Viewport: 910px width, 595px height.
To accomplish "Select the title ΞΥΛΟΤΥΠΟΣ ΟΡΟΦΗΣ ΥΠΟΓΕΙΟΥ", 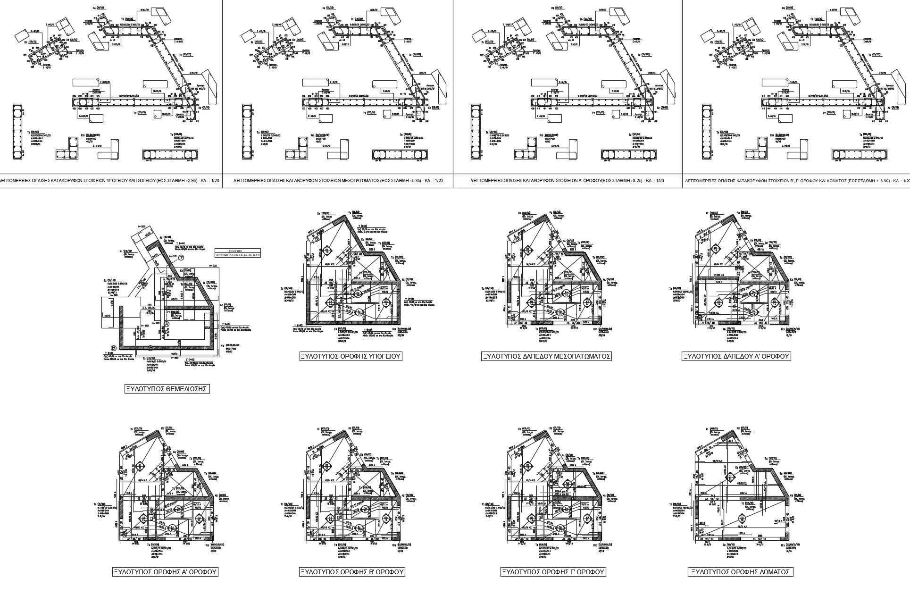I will click(x=351, y=356).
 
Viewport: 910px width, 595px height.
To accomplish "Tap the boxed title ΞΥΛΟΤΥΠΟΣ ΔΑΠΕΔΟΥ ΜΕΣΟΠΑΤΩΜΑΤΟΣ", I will click(x=546, y=356).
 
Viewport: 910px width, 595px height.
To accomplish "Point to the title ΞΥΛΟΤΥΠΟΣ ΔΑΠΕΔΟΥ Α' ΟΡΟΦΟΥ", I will click(x=736, y=356).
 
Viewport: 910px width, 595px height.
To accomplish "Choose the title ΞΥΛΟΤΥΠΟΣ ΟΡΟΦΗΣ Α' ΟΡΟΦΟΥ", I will click(x=165, y=572).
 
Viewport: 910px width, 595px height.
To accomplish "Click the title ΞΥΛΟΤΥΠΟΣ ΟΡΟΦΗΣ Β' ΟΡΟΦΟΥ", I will click(x=352, y=572).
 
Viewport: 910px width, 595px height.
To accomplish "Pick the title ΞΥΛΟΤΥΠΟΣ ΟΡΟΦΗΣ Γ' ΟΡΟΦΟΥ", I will click(x=553, y=572).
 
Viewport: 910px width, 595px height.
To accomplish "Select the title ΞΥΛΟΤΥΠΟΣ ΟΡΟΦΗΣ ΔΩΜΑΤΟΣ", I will click(x=740, y=572).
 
